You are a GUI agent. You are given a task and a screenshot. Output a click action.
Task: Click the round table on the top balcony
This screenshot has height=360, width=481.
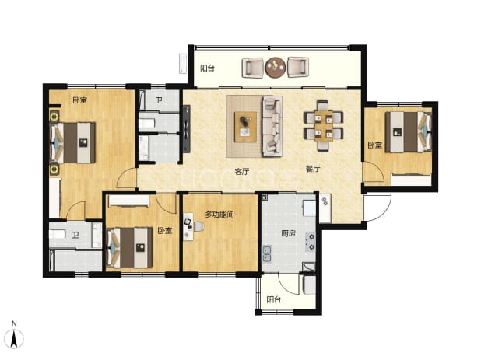click(x=276, y=67)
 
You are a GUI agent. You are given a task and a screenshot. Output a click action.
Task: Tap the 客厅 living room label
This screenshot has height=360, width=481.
click(x=242, y=172)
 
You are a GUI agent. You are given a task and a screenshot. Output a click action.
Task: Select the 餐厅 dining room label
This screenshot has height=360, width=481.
click(x=313, y=169)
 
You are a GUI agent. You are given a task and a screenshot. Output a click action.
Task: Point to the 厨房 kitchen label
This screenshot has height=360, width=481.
click(x=288, y=234)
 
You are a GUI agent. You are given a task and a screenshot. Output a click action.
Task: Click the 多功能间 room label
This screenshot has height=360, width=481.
click(x=219, y=215)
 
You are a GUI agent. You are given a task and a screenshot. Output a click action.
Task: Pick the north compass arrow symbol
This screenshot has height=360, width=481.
click(x=14, y=339)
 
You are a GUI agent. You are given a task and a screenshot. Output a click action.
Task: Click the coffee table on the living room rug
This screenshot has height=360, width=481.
click(x=245, y=127)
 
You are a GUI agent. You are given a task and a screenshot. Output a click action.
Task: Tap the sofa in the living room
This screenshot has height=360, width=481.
click(x=272, y=126)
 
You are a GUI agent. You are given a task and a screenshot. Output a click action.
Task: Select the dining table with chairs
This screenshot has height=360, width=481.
click(x=323, y=126)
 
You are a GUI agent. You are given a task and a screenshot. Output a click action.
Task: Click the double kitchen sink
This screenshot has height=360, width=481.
click(x=267, y=254)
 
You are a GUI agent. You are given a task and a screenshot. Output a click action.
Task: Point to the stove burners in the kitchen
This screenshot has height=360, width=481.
click(x=311, y=242)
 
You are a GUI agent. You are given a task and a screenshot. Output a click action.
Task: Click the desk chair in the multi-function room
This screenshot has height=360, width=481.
click(x=198, y=226)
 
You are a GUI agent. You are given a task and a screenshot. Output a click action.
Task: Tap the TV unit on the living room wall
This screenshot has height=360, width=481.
click(x=187, y=128)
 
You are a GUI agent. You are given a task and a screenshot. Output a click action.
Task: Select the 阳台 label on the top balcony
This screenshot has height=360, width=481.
click(x=207, y=68)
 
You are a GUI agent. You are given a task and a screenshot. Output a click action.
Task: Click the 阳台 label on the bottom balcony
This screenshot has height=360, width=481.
click(x=274, y=299)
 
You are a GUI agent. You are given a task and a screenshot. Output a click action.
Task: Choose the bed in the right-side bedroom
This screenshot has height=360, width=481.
click(x=409, y=131)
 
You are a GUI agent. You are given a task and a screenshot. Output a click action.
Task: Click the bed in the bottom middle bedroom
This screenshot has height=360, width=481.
click(x=129, y=248)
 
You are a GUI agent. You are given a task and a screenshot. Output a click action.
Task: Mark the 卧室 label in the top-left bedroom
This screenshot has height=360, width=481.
click(x=79, y=100)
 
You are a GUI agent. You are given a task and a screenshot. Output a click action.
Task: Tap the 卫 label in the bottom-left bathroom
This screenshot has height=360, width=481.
click(x=75, y=236)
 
